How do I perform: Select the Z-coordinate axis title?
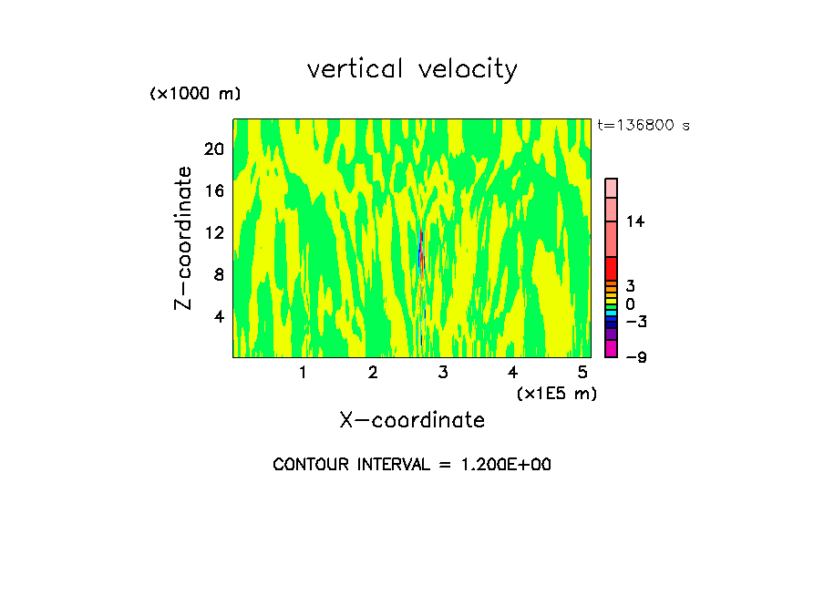[x=184, y=238]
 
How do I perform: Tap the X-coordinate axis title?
[x=412, y=420]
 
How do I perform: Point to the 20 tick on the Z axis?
[x=213, y=149]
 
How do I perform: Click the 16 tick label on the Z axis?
[x=213, y=190]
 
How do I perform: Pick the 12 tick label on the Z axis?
[x=213, y=232]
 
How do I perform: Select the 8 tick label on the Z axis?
[x=219, y=274]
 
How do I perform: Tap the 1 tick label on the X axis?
[x=303, y=373]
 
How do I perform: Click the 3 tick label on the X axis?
[x=443, y=373]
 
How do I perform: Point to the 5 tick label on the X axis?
[x=582, y=373]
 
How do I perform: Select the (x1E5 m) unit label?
[x=556, y=393]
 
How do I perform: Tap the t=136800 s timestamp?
[x=644, y=125]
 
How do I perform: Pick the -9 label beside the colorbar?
[x=635, y=357]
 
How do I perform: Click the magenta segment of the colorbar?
[x=612, y=348]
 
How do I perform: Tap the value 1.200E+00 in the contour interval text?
[x=497, y=465]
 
